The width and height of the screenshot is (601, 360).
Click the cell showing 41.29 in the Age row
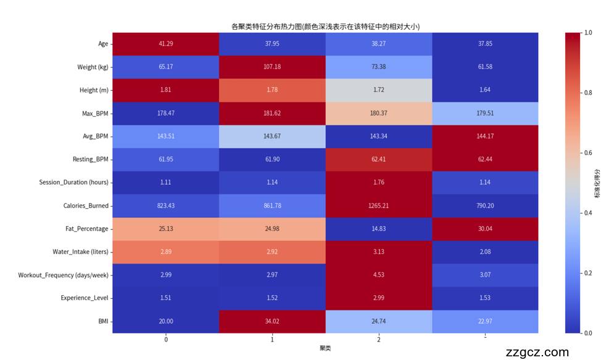tap(166, 44)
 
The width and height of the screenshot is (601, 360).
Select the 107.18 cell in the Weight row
tap(272, 67)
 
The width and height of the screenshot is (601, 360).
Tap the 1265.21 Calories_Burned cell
tap(378, 206)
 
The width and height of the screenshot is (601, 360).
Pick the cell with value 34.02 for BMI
tap(272, 321)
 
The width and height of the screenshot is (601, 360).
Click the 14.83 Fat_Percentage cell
tap(378, 228)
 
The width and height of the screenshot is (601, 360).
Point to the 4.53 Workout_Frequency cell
tap(378, 275)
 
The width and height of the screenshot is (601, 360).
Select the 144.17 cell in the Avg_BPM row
tap(484, 136)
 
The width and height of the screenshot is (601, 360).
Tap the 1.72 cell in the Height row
tap(378, 90)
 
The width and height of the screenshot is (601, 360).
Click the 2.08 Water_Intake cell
tap(484, 252)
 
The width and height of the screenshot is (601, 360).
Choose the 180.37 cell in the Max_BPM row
tap(378, 113)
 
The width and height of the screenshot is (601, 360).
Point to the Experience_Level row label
tap(85, 298)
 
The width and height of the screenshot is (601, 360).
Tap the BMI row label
tap(102, 321)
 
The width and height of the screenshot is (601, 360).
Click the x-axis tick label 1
tap(272, 340)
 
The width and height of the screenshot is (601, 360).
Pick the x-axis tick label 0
tap(166, 340)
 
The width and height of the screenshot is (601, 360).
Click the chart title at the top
tap(325, 27)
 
